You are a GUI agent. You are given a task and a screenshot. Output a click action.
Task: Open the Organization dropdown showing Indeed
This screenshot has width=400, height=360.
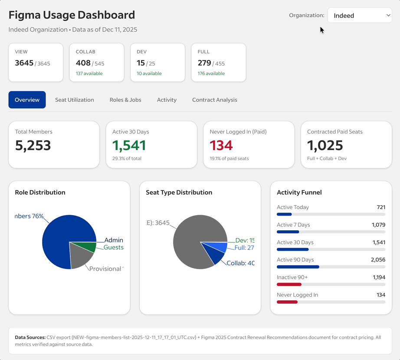360,16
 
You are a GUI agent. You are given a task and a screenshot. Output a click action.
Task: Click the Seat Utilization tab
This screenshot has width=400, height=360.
74,100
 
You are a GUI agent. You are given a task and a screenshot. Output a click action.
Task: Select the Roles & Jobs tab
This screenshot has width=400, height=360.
125,100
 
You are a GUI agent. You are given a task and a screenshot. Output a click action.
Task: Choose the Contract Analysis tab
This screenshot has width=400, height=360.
214,100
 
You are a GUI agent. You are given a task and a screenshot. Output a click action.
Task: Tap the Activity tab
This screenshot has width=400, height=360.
167,100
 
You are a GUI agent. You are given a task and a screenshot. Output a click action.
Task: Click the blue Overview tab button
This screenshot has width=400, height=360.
27,100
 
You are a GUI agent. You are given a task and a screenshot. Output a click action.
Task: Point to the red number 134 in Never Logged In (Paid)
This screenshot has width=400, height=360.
221,145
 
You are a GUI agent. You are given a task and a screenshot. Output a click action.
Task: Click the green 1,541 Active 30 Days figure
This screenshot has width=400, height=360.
129,145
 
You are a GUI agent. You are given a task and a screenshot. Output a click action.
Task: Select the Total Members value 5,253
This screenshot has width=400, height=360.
33,145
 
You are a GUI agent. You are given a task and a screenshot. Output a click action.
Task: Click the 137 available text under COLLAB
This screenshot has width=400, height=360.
89,74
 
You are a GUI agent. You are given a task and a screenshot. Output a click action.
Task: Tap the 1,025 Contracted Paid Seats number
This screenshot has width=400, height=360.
325,145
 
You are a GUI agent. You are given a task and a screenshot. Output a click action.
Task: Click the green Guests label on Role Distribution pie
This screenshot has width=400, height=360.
113,248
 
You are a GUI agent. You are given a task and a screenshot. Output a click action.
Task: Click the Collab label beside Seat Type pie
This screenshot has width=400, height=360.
240,263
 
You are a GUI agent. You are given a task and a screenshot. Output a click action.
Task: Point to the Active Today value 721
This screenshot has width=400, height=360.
381,207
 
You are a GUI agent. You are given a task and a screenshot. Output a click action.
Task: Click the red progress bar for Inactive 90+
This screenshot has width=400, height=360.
289,285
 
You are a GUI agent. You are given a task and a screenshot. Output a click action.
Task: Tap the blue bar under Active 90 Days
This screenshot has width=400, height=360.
298,267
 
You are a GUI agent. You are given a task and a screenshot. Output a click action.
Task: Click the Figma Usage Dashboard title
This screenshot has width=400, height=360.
72,15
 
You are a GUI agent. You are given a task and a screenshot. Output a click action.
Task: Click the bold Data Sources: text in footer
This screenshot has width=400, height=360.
30,337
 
